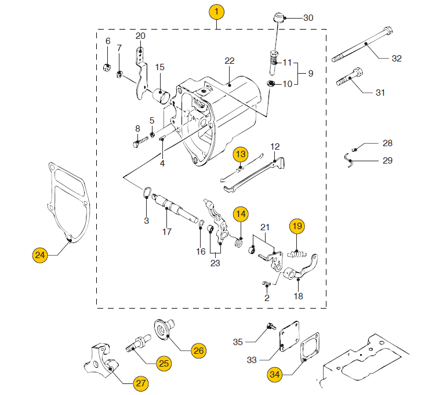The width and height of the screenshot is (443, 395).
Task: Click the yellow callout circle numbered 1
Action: [216, 11]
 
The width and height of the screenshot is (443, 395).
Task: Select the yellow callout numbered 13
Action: [241, 154]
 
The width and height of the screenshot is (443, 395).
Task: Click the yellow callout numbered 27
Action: [140, 383]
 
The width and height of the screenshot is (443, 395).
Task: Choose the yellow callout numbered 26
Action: [198, 350]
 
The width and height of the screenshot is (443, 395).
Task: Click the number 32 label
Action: [397, 58]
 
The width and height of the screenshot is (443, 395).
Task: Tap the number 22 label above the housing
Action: [230, 61]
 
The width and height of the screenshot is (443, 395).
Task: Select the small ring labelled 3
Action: [147, 192]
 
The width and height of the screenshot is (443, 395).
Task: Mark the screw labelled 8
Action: [138, 141]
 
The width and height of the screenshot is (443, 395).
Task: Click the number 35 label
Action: [238, 342]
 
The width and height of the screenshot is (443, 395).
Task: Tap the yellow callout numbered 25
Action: [164, 363]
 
